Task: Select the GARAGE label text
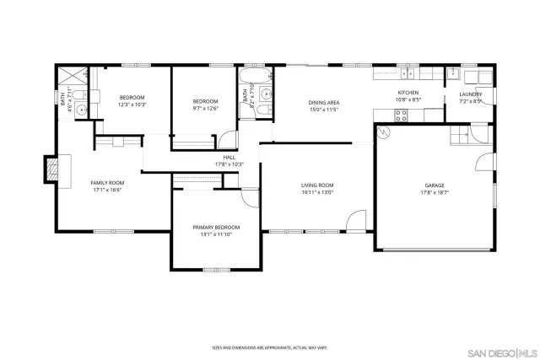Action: [435, 185]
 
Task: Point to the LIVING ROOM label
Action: [318, 185]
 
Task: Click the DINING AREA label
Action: [323, 103]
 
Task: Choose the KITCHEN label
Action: [408, 93]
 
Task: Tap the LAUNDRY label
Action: [471, 94]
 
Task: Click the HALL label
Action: [229, 157]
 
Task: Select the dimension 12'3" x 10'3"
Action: [132, 105]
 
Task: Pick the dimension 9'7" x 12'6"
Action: [206, 108]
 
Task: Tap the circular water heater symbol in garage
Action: [386, 132]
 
